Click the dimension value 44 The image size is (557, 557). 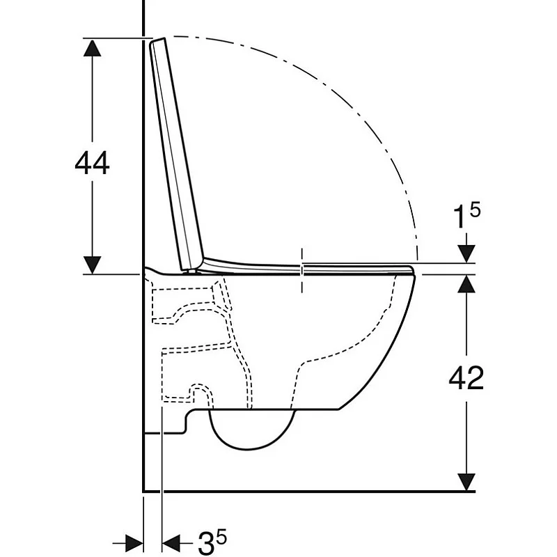[x=92, y=164]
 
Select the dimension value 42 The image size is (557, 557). [x=466, y=378]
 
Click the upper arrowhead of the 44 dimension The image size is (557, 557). [x=92, y=47]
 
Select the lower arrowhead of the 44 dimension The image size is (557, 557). [x=92, y=265]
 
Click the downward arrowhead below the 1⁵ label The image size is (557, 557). [x=466, y=254]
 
